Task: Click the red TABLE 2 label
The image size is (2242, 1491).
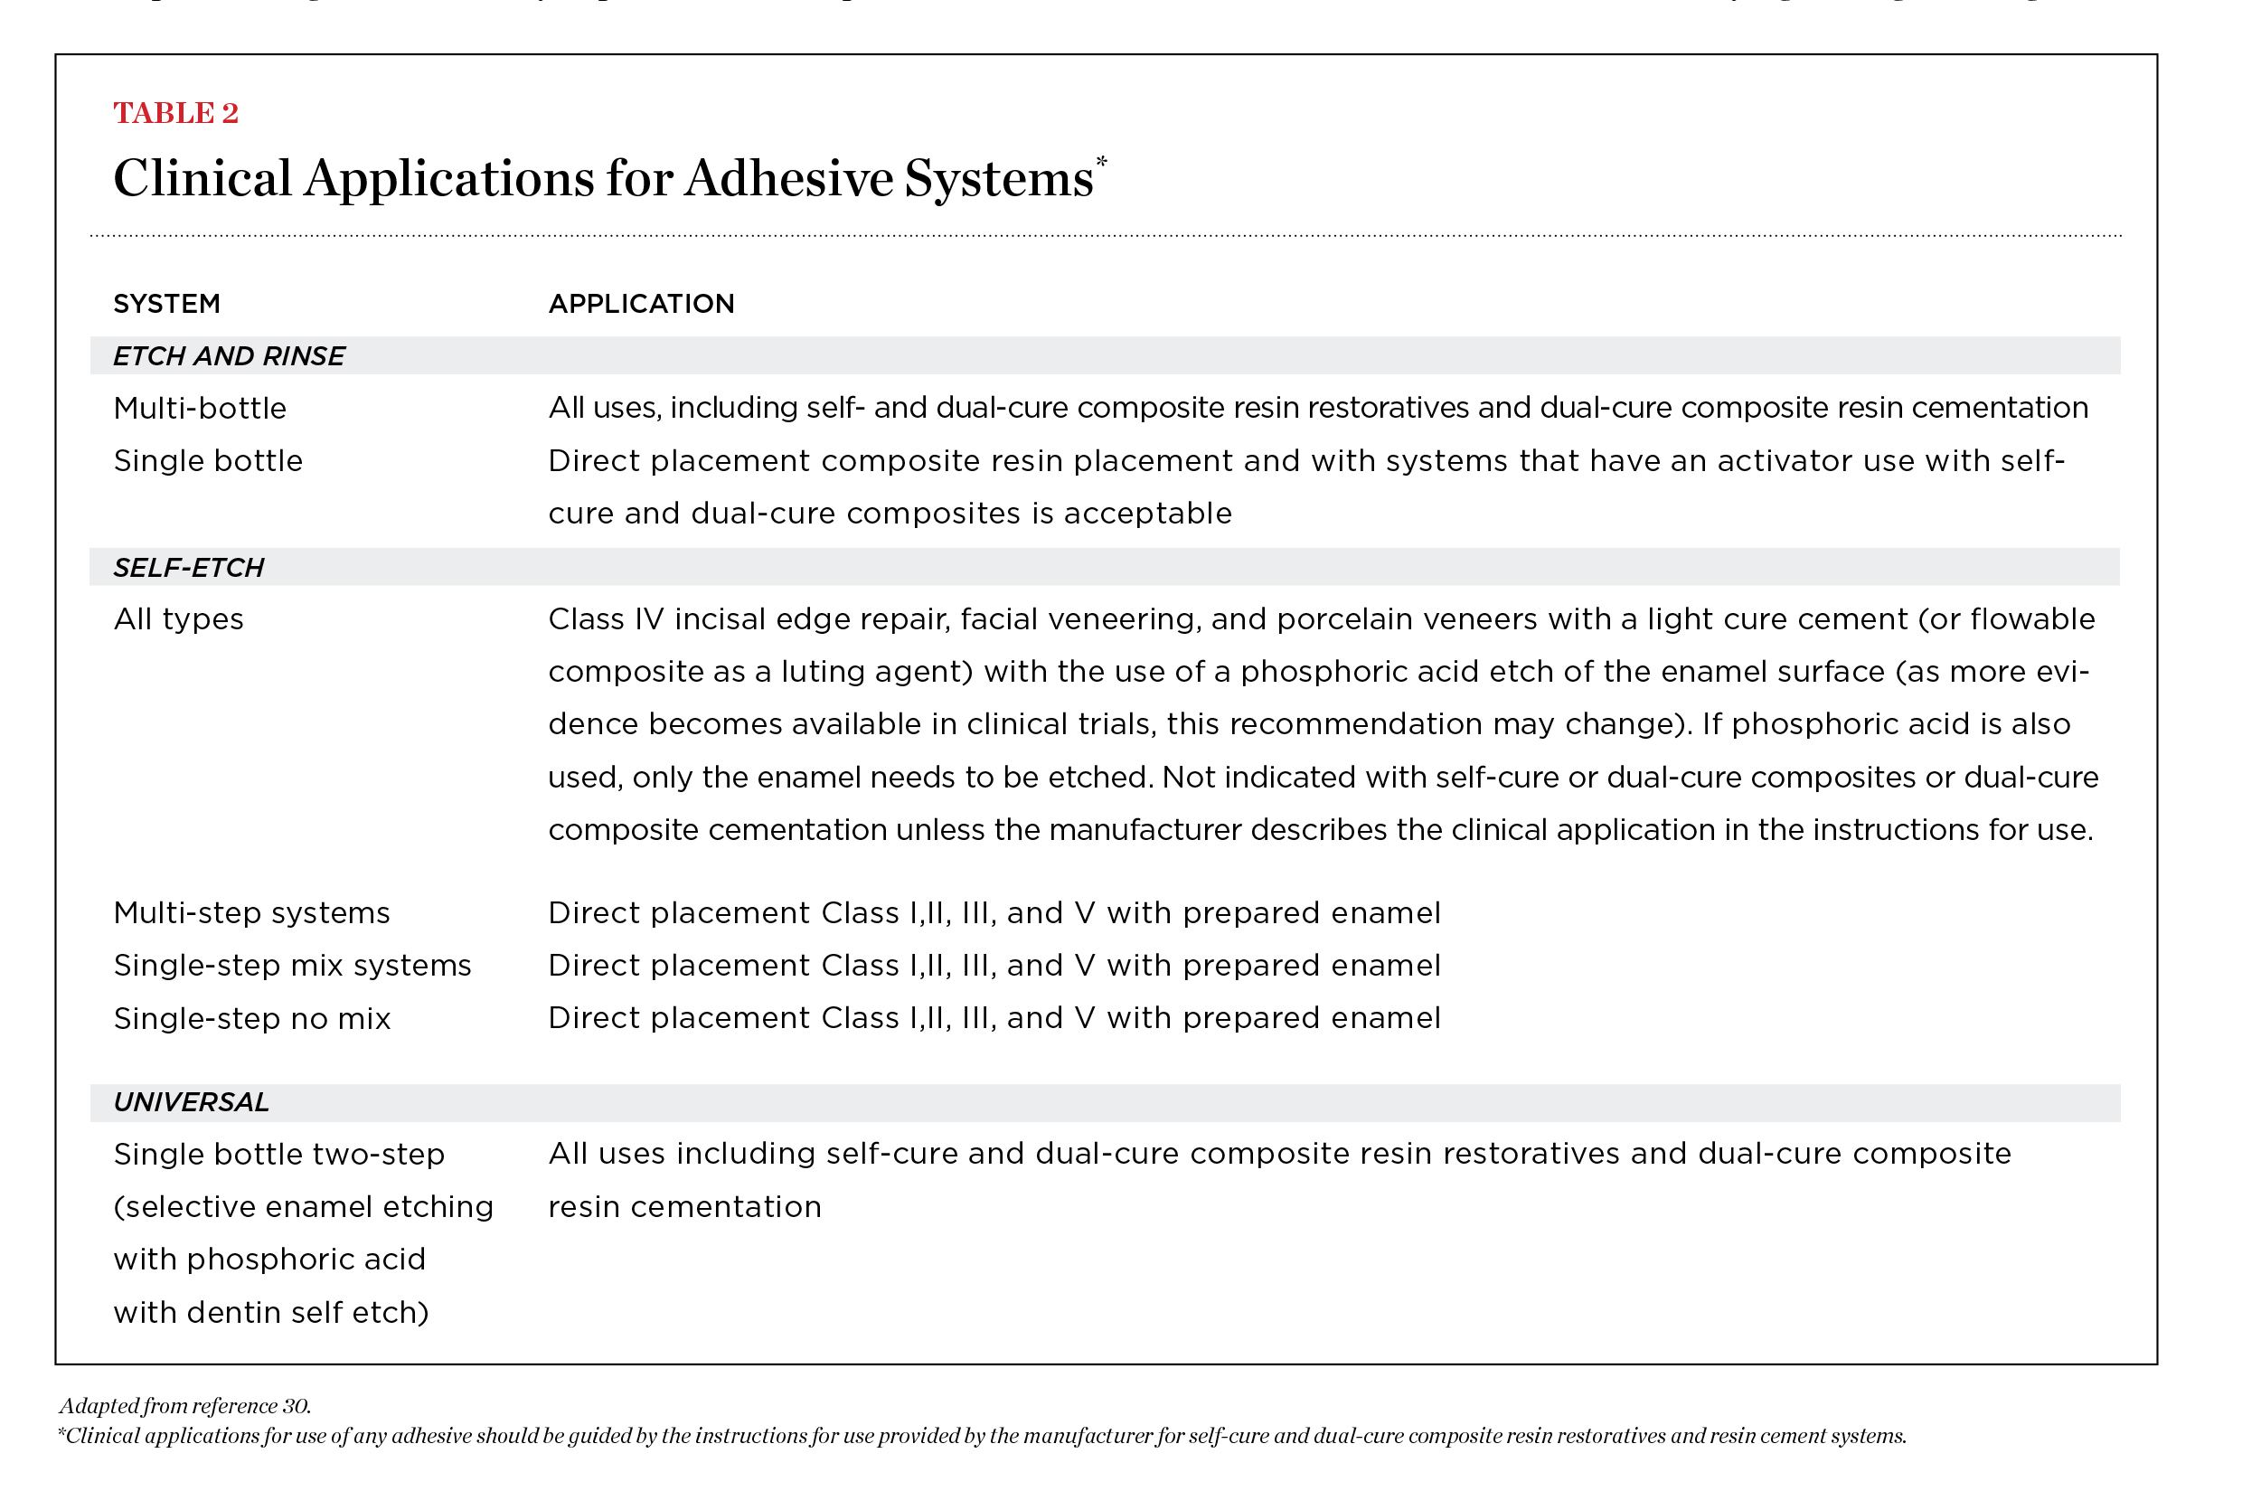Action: point(176,113)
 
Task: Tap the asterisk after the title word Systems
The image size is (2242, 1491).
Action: point(1101,162)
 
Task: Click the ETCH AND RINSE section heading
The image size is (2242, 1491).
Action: point(228,355)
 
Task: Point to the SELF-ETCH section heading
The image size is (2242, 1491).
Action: point(188,568)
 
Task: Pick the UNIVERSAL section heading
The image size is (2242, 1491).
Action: point(191,1102)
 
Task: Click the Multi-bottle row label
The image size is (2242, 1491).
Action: point(200,408)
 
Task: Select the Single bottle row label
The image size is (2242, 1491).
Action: point(208,461)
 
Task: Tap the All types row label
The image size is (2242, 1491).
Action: point(179,619)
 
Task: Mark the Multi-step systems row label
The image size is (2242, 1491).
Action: point(252,913)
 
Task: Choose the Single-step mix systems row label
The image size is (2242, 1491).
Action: point(292,965)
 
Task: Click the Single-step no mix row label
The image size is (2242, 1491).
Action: point(252,1018)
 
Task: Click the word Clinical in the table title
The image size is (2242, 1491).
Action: point(202,179)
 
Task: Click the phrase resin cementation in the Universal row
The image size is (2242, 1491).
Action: point(684,1207)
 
